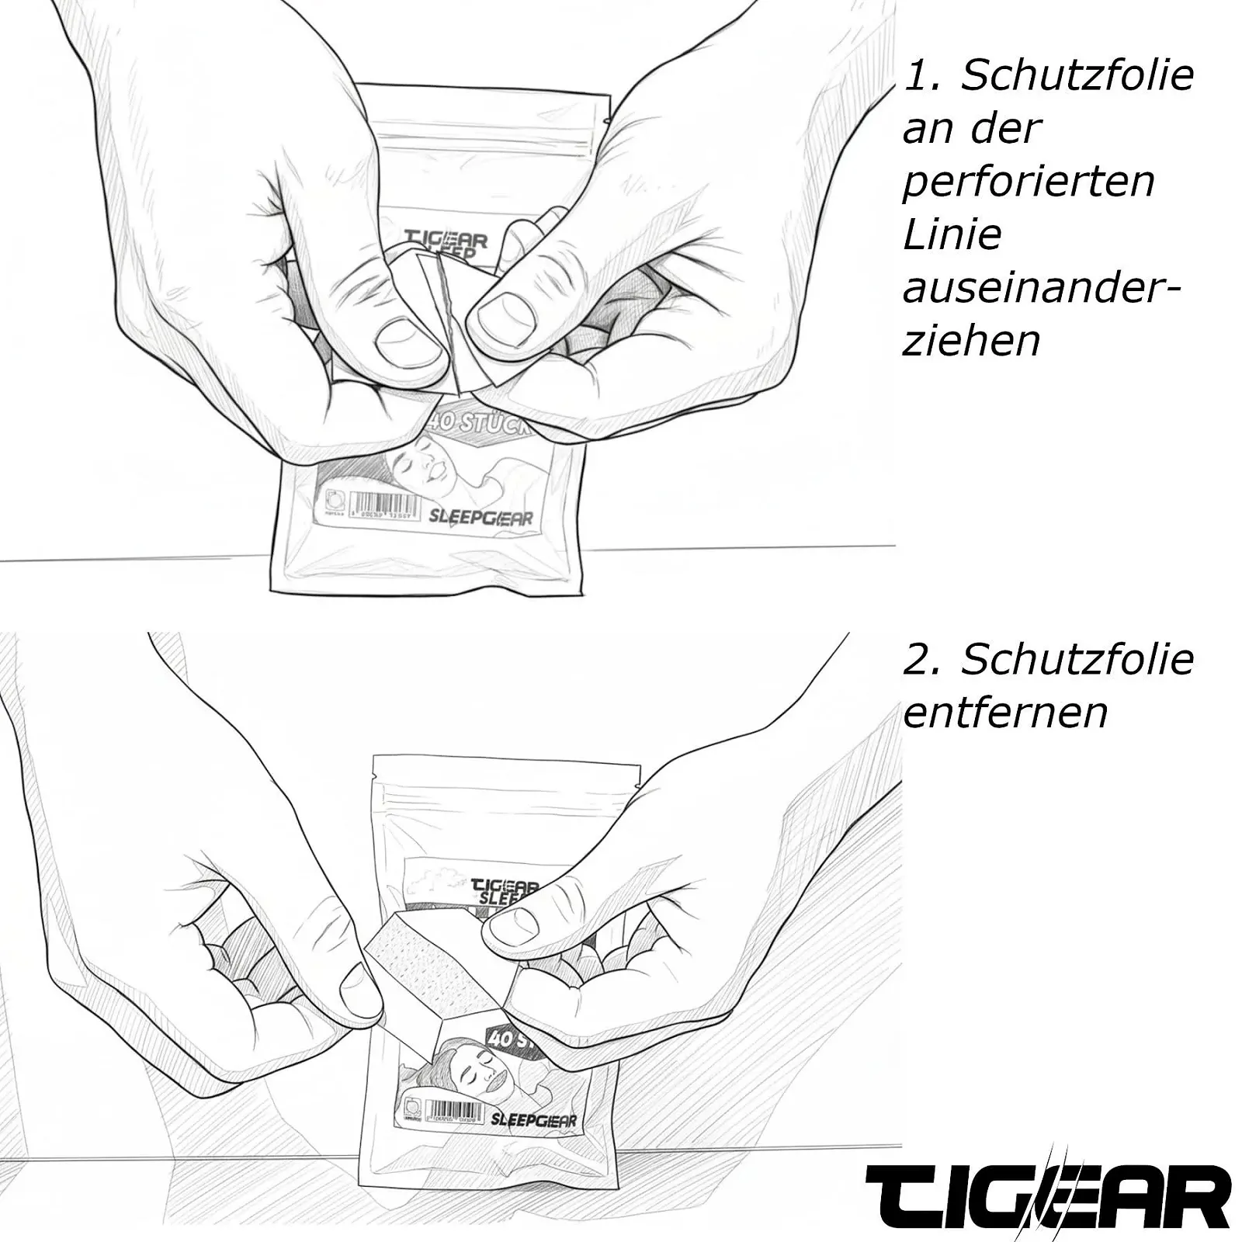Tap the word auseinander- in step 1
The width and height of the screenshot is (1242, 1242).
pos(1040,289)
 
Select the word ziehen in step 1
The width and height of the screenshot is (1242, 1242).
pos(971,342)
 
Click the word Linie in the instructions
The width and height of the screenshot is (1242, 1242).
pos(952,235)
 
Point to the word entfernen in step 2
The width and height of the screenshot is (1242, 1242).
pos(1005,713)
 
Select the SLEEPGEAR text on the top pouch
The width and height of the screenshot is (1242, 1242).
pos(480,516)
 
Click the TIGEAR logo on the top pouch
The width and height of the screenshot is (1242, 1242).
pos(446,238)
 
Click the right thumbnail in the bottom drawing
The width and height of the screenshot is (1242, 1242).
pos(514,922)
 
